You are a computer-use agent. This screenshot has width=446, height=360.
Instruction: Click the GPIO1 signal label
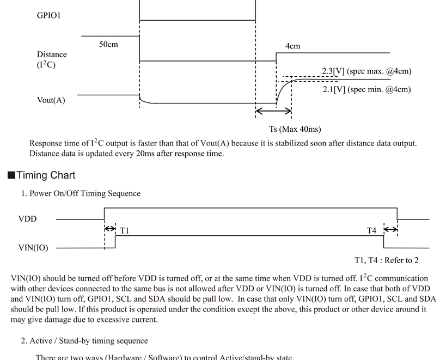point(48,15)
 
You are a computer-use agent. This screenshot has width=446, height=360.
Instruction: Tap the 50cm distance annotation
point(108,44)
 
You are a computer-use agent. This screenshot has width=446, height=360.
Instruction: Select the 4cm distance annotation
point(292,46)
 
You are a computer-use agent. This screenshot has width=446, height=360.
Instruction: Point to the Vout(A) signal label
point(51,100)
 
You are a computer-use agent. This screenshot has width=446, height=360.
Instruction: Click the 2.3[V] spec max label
point(366,71)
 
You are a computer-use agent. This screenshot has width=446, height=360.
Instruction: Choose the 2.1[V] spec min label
point(366,89)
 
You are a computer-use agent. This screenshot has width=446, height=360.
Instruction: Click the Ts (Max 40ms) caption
point(295,129)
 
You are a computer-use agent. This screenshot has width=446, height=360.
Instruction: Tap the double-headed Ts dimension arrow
point(273,111)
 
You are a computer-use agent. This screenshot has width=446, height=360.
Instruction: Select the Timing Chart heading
point(46,175)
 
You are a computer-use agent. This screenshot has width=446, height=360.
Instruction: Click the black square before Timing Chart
point(11,175)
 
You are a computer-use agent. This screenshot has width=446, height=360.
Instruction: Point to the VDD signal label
point(28,219)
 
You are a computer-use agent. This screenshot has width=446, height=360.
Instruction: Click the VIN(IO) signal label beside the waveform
point(33,248)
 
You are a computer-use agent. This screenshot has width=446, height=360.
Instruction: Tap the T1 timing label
point(125,230)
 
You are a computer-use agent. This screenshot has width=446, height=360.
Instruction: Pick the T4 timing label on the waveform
point(371,230)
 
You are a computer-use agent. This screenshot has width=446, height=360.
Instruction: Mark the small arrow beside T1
point(110,228)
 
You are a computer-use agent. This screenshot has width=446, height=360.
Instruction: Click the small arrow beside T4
point(391,229)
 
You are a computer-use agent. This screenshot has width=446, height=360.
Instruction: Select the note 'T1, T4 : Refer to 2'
point(387,260)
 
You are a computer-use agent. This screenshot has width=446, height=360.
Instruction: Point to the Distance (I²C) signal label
point(52,60)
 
